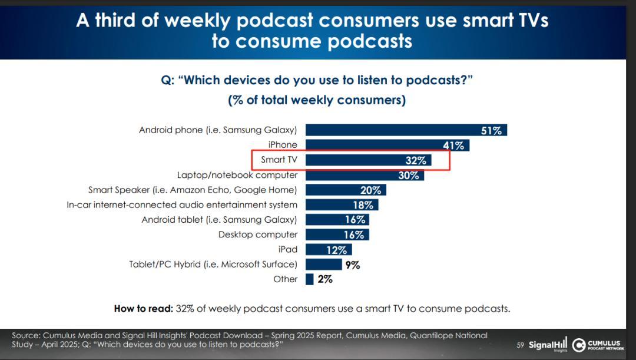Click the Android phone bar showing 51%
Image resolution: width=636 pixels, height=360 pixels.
click(x=406, y=130)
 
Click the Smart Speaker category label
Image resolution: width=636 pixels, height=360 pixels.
click(x=193, y=190)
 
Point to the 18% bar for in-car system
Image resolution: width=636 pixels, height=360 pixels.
click(x=342, y=204)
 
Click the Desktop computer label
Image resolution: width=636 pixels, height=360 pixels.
click(x=258, y=235)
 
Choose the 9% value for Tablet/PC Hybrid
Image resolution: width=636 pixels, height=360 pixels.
click(x=353, y=265)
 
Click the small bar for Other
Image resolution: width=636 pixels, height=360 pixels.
click(x=310, y=279)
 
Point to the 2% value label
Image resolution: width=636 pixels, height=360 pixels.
click(x=325, y=279)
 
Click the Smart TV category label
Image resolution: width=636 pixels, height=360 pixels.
click(x=279, y=160)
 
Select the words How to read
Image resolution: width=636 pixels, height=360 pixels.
click(x=141, y=308)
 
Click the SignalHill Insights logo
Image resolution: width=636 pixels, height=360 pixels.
click(x=548, y=345)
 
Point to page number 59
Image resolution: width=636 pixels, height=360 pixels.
click(x=520, y=345)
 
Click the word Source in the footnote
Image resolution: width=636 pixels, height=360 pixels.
click(x=25, y=335)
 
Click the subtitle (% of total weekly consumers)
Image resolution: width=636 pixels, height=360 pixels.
click(x=317, y=100)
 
